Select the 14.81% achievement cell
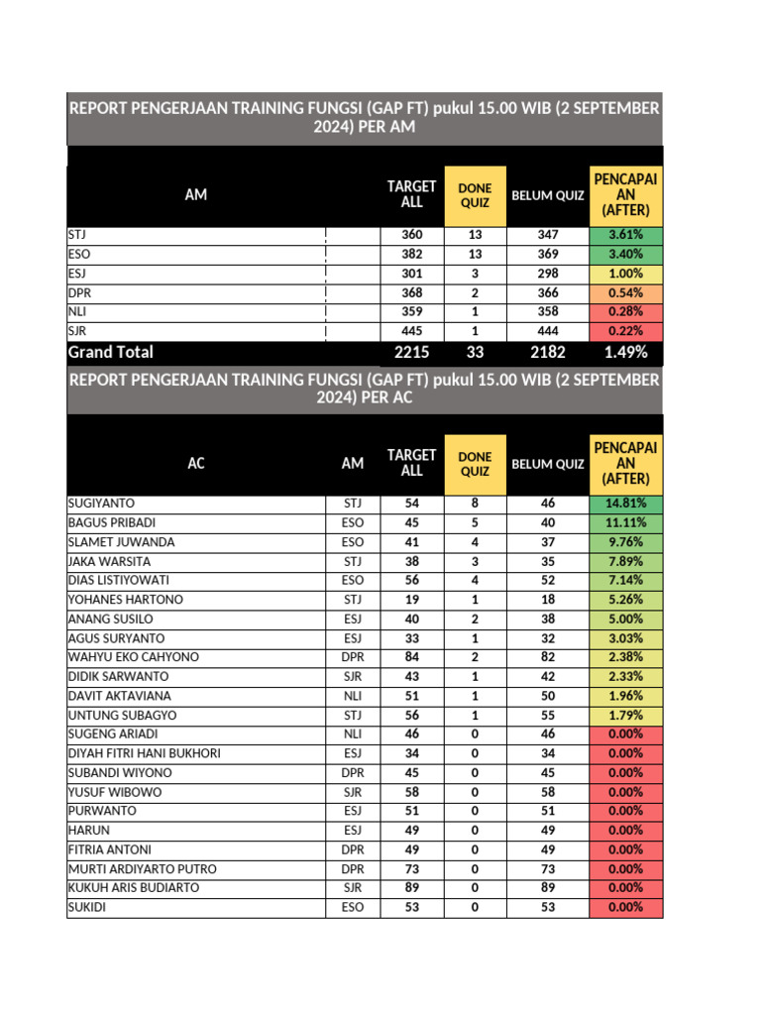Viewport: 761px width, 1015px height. click(x=625, y=504)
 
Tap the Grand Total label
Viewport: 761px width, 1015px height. click(x=110, y=352)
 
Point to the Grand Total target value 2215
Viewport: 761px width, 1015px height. click(x=411, y=352)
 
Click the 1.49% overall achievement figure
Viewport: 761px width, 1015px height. click(x=625, y=352)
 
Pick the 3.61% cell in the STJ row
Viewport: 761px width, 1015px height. click(x=625, y=235)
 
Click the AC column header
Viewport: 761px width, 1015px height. click(x=196, y=463)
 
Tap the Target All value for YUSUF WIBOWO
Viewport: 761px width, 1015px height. click(x=411, y=792)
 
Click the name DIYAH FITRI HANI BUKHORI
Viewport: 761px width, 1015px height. click(x=144, y=753)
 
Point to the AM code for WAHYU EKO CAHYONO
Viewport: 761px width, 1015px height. click(x=353, y=657)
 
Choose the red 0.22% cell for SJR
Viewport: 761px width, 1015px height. click(x=625, y=330)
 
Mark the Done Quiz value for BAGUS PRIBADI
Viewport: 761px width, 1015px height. click(x=475, y=522)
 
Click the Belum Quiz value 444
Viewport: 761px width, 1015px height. click(x=548, y=330)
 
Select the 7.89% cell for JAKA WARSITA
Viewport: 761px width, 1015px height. click(x=625, y=561)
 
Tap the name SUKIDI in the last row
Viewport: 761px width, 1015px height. click(x=86, y=907)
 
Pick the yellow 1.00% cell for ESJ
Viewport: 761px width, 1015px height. click(x=625, y=274)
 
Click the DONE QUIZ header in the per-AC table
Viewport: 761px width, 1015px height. click(x=475, y=463)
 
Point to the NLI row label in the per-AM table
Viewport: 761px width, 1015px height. click(x=75, y=311)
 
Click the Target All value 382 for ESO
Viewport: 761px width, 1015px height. click(x=411, y=254)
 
